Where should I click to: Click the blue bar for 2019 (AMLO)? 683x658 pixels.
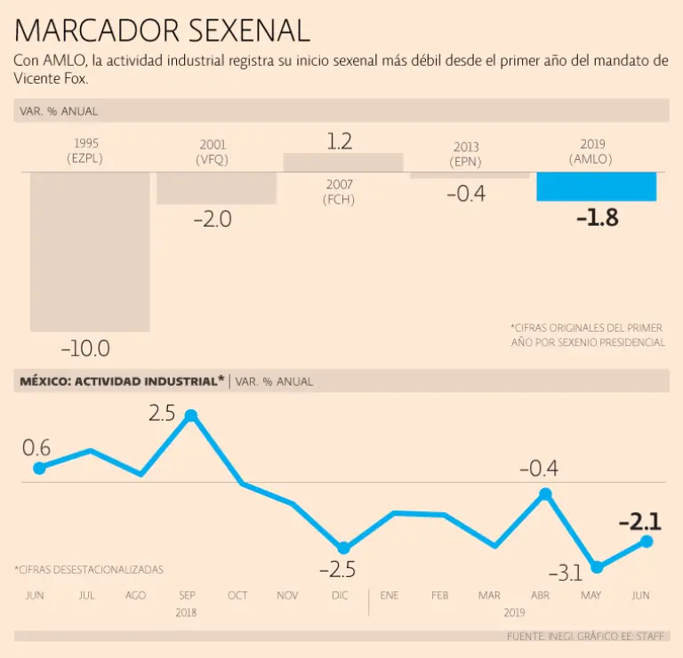click(596, 186)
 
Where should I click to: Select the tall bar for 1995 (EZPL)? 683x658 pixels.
click(90, 252)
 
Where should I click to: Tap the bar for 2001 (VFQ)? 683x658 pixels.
click(216, 188)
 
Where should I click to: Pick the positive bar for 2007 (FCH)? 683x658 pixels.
click(342, 162)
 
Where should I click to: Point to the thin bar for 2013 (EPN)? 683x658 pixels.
click(470, 175)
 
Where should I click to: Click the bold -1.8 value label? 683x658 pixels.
click(597, 219)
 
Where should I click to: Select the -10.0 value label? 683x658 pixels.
click(84, 348)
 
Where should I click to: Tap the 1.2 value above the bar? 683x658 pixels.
click(340, 140)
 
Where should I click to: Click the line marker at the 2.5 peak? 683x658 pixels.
click(190, 415)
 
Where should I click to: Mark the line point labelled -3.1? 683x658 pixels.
click(597, 566)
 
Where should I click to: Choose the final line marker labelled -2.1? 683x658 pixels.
click(647, 541)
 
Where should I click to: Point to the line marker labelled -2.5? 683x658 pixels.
click(343, 548)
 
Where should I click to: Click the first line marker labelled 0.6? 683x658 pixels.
click(38, 468)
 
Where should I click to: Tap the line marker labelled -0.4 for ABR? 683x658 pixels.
click(545, 493)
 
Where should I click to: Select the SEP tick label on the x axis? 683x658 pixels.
click(187, 595)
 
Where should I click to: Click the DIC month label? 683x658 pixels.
click(340, 595)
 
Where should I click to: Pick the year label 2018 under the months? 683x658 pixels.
click(187, 613)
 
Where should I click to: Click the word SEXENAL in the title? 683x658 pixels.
click(248, 31)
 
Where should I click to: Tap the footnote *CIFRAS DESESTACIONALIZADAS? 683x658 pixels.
click(89, 569)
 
